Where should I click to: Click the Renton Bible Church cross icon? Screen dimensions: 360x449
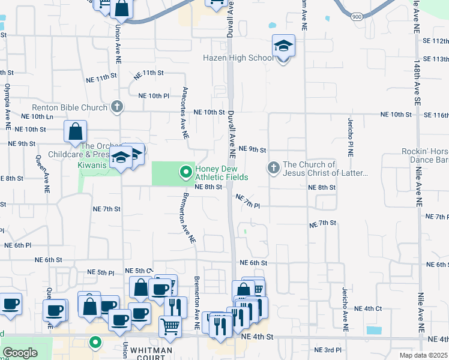coord(117,107)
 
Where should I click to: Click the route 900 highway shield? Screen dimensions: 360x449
coord(356,16)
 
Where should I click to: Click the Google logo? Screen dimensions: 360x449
coord(20,352)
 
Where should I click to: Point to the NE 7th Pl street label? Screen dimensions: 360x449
coord(247,201)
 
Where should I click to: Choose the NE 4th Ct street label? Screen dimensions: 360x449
coord(368,308)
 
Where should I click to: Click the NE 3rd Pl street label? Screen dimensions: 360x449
coord(328,349)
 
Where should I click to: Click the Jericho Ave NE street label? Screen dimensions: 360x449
coord(344,308)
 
